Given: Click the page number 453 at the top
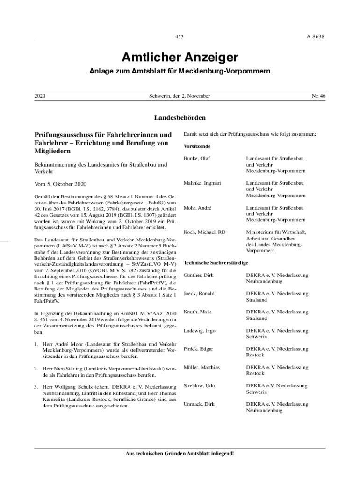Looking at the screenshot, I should tap(180, 36).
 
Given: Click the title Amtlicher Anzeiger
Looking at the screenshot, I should tap(180, 58).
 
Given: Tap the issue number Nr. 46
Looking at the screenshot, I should tap(318, 96).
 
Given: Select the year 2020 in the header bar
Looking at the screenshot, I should tap(41, 96).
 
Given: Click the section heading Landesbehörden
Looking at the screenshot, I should tap(180, 117).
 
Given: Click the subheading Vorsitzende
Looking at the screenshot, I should tap(197, 146).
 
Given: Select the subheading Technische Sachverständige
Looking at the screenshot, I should tap(216, 263).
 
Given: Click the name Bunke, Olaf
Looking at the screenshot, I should tap(197, 159).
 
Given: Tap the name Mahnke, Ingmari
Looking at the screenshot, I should tap(202, 183).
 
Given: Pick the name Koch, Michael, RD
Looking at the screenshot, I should tap(205, 232).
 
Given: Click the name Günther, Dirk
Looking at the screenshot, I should tap(199, 275).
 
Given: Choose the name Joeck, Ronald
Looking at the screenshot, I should tap(199, 293).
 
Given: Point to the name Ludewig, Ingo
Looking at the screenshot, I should tap(200, 331).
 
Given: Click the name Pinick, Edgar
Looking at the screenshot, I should tap(198, 349).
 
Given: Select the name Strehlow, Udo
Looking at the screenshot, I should tap(200, 385).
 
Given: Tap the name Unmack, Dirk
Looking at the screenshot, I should tap(199, 404).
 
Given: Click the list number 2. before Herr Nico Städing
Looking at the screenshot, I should tap(36, 369).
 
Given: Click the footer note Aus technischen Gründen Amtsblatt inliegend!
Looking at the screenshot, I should tap(180, 453).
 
